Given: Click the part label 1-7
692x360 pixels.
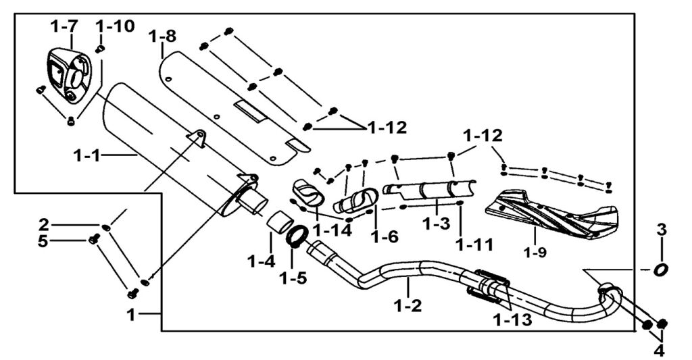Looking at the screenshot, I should pyautogui.click(x=64, y=26).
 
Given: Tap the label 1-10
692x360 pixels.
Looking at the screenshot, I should pyautogui.click(x=115, y=26).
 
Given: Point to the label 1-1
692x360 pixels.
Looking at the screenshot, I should pyautogui.click(x=89, y=156).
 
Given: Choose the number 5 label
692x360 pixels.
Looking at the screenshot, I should pyautogui.click(x=43, y=240).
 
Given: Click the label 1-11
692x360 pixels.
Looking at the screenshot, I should pyautogui.click(x=473, y=242).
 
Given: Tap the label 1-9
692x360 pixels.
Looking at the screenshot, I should pyautogui.click(x=535, y=255).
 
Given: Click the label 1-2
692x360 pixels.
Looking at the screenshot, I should pyautogui.click(x=409, y=305).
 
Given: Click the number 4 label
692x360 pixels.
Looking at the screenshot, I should pyautogui.click(x=658, y=351).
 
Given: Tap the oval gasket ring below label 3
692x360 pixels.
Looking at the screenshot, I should pyautogui.click(x=660, y=269).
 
